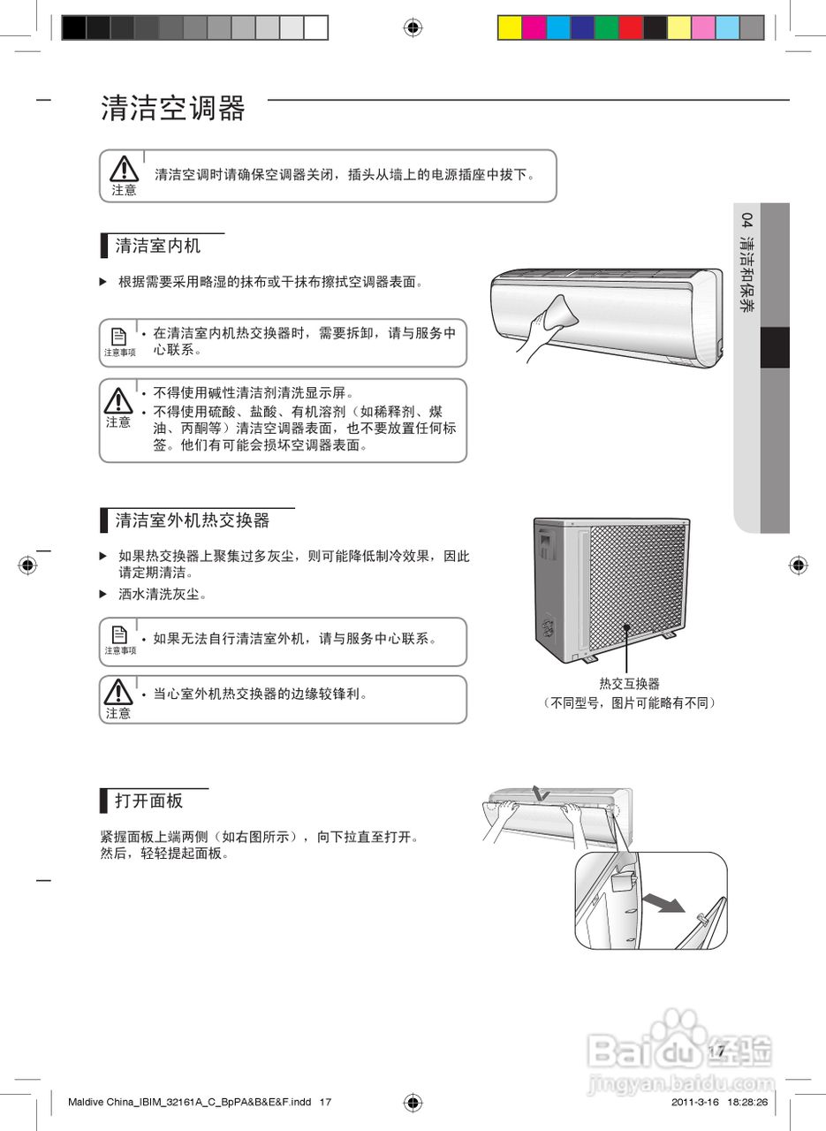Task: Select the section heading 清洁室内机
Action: point(158,246)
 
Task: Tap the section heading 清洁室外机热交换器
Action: point(193,520)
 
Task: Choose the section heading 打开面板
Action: point(148,801)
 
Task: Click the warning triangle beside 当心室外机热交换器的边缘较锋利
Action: point(117,691)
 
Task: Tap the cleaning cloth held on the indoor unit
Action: point(556,314)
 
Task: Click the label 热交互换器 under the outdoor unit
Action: point(629,683)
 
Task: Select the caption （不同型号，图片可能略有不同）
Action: point(629,703)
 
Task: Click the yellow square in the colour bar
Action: point(510,28)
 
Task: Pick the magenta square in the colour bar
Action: point(534,28)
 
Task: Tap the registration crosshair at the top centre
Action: point(413,27)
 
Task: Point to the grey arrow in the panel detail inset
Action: point(663,901)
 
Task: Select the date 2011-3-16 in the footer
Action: point(693,1103)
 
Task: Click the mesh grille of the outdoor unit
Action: point(636,583)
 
